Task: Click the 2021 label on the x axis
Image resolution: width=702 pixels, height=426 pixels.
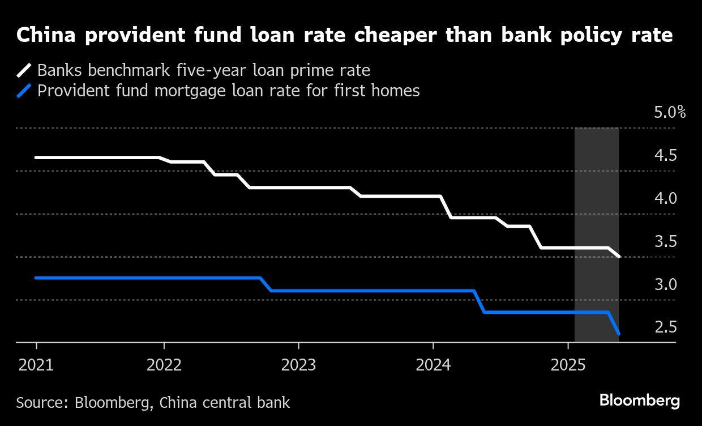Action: pos(36,365)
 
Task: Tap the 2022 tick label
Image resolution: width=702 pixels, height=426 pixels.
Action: pos(164,365)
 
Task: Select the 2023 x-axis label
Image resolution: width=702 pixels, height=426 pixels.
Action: pos(298,365)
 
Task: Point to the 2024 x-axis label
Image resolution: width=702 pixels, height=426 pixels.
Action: pos(433,365)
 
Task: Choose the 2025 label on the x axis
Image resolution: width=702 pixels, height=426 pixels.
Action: pos(568,365)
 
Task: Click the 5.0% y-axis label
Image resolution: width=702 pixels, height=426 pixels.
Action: pos(670,112)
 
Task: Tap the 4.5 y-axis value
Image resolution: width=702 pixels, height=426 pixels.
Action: pos(666,155)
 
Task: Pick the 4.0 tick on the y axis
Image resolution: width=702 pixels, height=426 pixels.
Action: pos(666,198)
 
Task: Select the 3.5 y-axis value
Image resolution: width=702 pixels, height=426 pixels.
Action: pos(666,241)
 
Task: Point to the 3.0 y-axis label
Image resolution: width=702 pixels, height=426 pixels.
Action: pos(666,284)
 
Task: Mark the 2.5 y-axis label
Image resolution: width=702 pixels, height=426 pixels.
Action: pos(666,327)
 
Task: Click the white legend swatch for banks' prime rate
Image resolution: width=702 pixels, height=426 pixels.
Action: pos(24,71)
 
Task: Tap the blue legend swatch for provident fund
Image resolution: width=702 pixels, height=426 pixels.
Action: pos(24,91)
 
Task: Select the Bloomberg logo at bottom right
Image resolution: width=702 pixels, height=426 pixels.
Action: pos(640,401)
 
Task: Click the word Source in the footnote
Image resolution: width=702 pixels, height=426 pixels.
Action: pos(42,403)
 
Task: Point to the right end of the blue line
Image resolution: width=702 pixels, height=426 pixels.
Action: pos(619,334)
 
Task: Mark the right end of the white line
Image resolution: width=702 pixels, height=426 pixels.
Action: pos(619,257)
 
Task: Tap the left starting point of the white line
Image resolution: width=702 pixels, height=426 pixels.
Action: pos(36,157)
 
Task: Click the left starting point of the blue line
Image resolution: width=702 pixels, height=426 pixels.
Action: pos(36,278)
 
